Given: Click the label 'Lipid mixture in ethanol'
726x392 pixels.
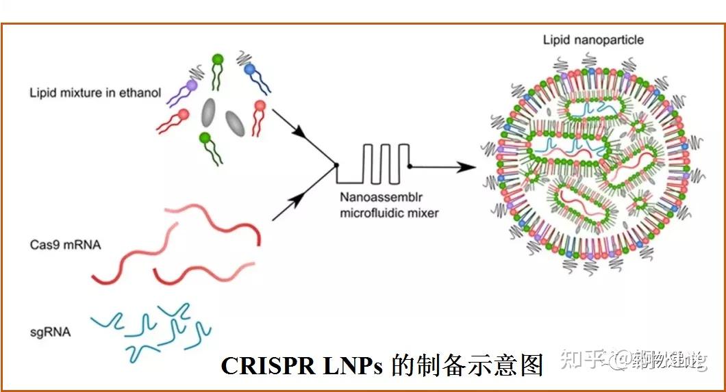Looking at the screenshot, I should [95, 93].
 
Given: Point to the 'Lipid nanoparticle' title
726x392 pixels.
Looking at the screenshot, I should [593, 40].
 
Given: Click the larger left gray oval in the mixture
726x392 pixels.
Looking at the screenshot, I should [209, 113].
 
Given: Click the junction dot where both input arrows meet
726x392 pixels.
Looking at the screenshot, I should [336, 166].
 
